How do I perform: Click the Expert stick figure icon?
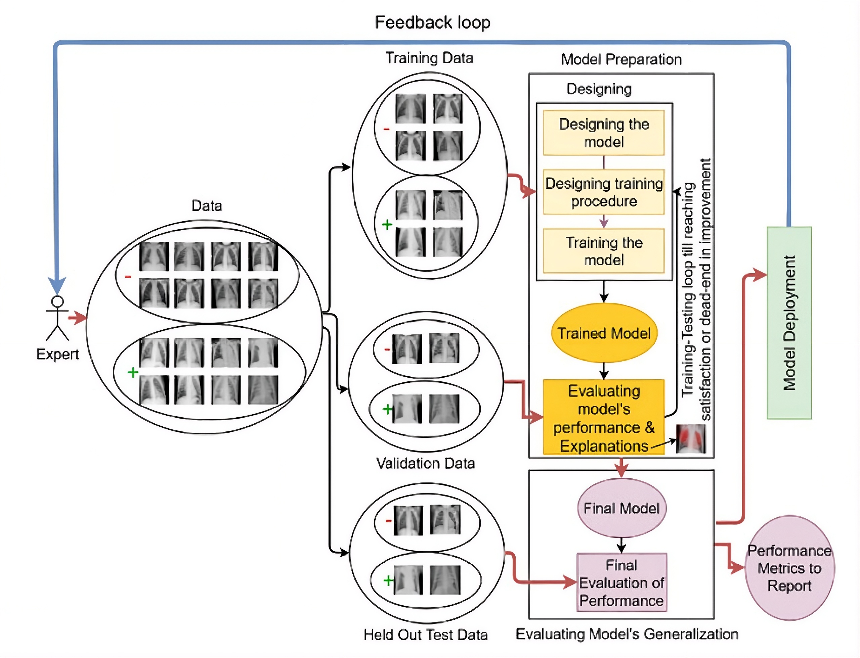pos(58,318)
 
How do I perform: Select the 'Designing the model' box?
pos(604,133)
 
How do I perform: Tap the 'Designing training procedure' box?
pos(604,192)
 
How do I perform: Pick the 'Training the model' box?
pos(604,251)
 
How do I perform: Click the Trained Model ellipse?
pos(604,333)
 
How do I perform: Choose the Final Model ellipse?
pos(621,508)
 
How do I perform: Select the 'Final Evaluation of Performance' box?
pos(621,582)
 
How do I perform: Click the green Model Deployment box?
pos(789,323)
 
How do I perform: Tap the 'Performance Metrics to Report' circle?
pos(789,568)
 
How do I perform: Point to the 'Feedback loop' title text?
pos(432,22)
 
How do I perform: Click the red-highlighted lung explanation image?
pos(691,439)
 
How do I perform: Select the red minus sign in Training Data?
pos(386,129)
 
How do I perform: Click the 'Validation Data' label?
pos(425,463)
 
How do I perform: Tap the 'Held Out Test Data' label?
pos(425,634)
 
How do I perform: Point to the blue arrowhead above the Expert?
pos(57,285)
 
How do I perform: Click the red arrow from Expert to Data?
pos(77,317)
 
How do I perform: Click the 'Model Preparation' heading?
pos(621,59)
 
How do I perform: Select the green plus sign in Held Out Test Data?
pos(388,580)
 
